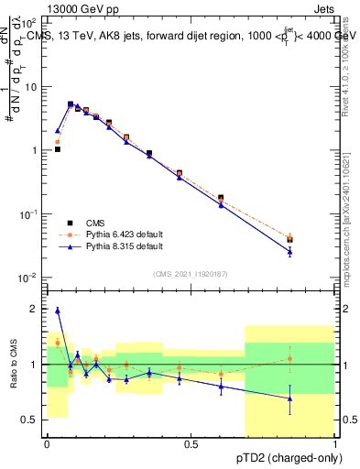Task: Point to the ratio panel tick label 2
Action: [x=35, y=310]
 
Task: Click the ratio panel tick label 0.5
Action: [x=29, y=420]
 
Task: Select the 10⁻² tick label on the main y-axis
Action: [x=27, y=278]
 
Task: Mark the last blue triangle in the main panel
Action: [x=289, y=251]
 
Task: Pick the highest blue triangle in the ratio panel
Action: [x=58, y=311]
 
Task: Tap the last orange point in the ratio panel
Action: [x=289, y=358]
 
